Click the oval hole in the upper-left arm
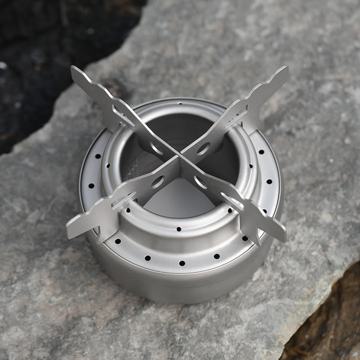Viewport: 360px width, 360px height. click(x=156, y=148)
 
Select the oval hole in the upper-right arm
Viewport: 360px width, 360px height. click(x=203, y=148)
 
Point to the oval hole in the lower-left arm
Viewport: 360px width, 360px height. click(x=157, y=182)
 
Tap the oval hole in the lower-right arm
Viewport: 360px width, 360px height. click(x=201, y=182)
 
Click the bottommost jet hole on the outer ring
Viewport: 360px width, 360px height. click(x=182, y=263)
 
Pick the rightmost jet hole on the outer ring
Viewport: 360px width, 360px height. click(x=269, y=181)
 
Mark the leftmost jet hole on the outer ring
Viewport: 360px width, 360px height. click(x=91, y=186)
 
